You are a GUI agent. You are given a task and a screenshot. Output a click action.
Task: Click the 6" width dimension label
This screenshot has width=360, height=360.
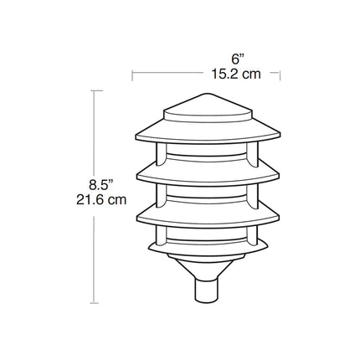[238, 59]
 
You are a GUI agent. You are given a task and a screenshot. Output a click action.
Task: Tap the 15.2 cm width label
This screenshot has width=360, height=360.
[236, 75]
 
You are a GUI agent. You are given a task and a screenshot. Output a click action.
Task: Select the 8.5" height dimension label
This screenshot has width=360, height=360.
[101, 185]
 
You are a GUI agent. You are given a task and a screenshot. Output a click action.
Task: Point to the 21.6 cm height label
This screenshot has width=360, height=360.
[101, 200]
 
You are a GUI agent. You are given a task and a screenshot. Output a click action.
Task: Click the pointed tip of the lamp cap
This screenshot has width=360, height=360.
[207, 94]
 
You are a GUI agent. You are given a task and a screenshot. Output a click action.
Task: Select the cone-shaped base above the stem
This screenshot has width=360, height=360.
[207, 267]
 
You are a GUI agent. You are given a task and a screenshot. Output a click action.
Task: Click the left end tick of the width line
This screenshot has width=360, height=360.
[132, 75]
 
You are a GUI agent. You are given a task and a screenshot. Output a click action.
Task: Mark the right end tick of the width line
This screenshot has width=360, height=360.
[280, 75]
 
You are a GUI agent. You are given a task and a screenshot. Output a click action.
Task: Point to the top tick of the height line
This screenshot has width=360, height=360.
[94, 90]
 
